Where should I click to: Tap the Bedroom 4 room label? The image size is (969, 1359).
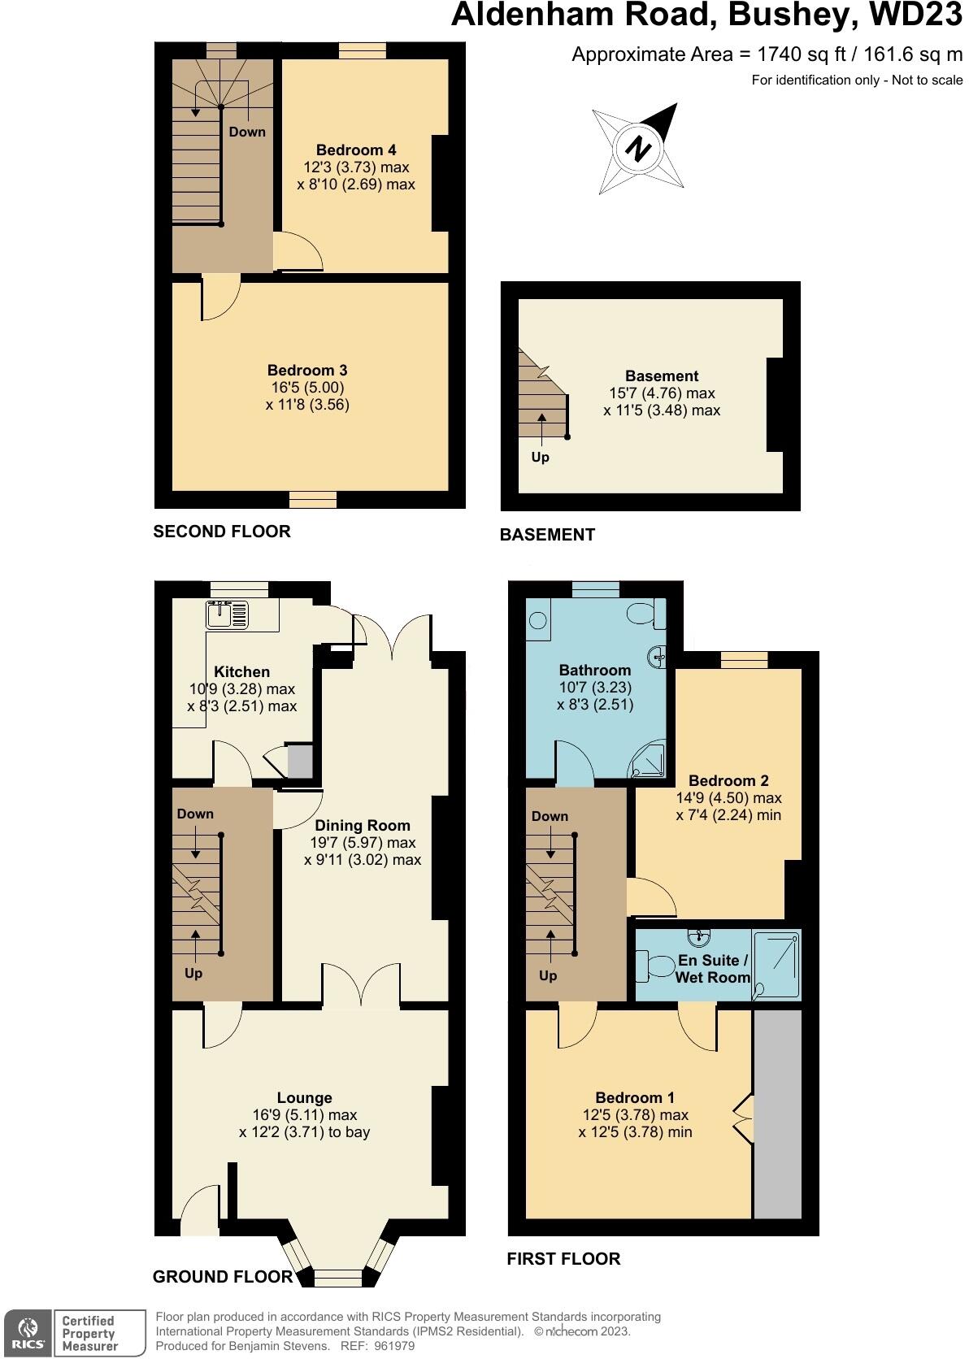tap(356, 150)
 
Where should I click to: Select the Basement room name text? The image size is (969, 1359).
tap(662, 376)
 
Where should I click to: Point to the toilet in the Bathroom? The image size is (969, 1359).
tap(649, 614)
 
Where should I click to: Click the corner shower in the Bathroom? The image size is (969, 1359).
tap(650, 759)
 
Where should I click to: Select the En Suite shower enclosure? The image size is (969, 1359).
tap(777, 964)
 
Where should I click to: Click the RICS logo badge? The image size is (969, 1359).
tap(28, 1332)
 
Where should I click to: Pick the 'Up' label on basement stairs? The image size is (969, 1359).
tap(540, 457)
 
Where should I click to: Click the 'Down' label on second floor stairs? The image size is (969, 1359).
tap(246, 132)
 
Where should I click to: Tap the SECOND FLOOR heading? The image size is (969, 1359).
tap(222, 532)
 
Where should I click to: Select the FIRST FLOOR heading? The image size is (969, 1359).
tap(563, 1258)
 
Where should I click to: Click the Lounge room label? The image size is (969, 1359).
tap(304, 1097)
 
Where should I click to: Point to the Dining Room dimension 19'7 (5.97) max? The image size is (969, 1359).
tap(362, 842)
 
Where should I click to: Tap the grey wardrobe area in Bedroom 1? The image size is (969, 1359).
tap(777, 1114)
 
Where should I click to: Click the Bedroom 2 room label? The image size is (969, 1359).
tap(728, 780)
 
